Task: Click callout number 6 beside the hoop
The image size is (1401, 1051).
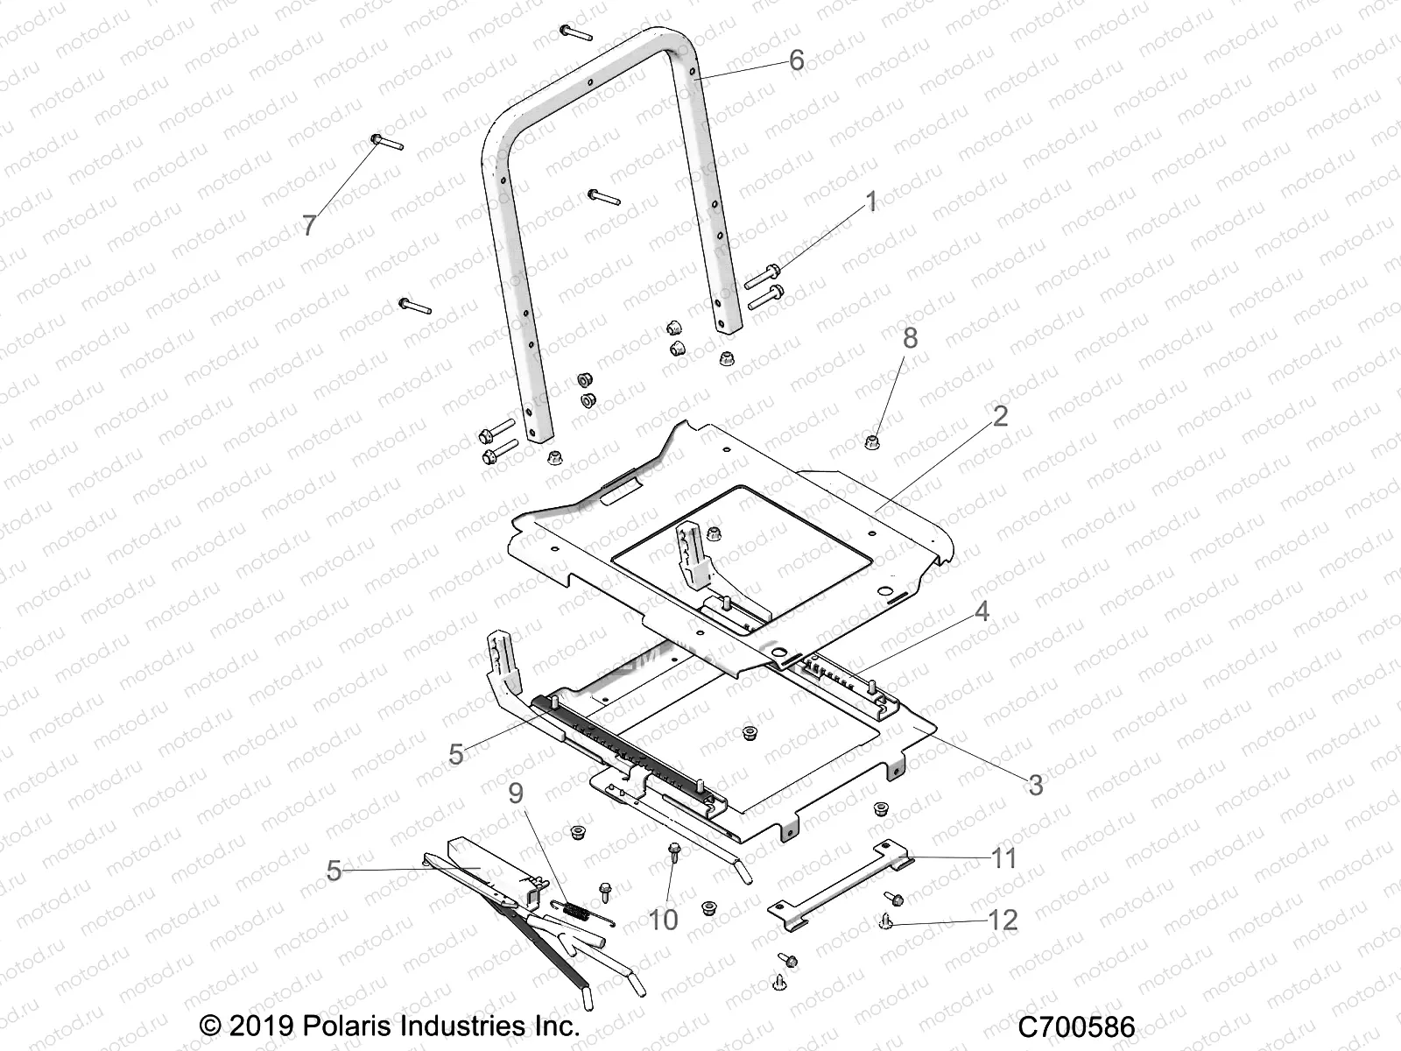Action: (x=796, y=60)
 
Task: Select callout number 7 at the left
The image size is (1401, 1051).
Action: (x=309, y=226)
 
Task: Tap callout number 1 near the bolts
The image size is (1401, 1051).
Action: (x=870, y=202)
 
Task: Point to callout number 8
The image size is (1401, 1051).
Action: (x=910, y=337)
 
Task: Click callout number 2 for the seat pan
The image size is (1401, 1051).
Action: (x=1000, y=415)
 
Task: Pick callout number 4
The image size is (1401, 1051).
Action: (x=982, y=611)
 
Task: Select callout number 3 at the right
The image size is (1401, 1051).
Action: (x=1035, y=785)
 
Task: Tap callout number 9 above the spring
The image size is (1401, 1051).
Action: (x=516, y=794)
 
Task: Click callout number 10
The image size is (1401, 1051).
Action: (x=663, y=920)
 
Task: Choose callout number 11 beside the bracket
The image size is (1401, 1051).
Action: (x=1003, y=858)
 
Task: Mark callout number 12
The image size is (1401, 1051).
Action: (x=1003, y=921)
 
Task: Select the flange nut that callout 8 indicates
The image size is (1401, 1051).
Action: (x=873, y=440)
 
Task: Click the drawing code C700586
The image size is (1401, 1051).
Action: (x=1076, y=1027)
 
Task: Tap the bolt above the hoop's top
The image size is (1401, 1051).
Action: (x=575, y=32)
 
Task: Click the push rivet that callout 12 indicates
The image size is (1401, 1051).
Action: (x=885, y=919)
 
